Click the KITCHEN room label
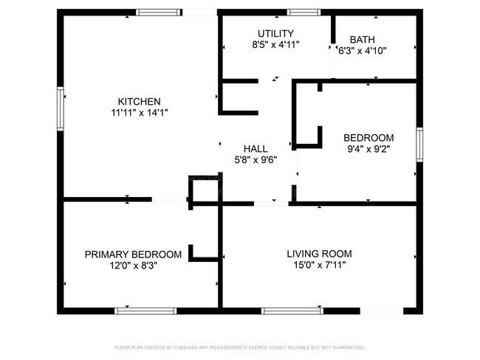point(140,102)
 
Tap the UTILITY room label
point(275,33)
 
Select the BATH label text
point(362,40)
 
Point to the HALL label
point(256,149)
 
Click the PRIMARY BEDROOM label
point(133,255)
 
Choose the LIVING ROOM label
point(319,254)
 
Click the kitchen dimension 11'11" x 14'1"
point(140,113)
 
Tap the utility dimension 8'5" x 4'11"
point(275,45)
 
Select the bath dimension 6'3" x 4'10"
point(362,51)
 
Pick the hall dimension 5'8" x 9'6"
point(256,160)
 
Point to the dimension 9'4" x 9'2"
point(368,149)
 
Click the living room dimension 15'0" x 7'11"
point(319,265)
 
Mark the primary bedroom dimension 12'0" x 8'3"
point(133,266)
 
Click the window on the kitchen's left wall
point(61,109)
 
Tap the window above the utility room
point(304,13)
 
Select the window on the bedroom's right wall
point(419,145)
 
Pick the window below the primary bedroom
point(145,311)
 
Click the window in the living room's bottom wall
point(292,311)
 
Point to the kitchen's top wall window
point(159,13)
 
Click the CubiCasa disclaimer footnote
point(240,347)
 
